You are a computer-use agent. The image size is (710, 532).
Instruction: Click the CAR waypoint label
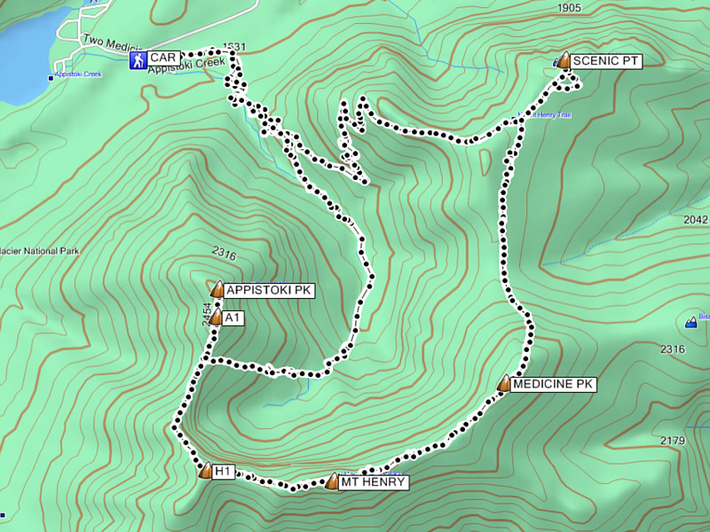point(163,59)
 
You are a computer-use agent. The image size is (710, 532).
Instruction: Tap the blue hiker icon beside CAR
point(138,59)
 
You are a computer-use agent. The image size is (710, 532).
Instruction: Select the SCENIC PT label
point(605,61)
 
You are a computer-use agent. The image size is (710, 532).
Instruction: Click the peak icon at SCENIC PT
point(564,60)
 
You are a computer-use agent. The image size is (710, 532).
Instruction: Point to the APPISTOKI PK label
point(269,290)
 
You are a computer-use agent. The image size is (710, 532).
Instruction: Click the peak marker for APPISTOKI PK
point(217,288)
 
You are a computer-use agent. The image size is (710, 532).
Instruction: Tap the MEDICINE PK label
point(554,384)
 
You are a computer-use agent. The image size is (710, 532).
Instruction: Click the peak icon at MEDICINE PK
point(504,383)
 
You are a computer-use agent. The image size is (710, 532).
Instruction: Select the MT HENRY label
point(374,483)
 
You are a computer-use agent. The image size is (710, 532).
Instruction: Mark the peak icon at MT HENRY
point(333,481)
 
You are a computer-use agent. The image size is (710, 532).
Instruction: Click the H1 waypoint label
point(223,472)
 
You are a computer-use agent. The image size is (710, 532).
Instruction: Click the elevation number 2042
point(697,220)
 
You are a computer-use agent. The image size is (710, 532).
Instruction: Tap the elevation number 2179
point(674,441)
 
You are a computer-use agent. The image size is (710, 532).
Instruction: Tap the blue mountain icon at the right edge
point(690,321)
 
